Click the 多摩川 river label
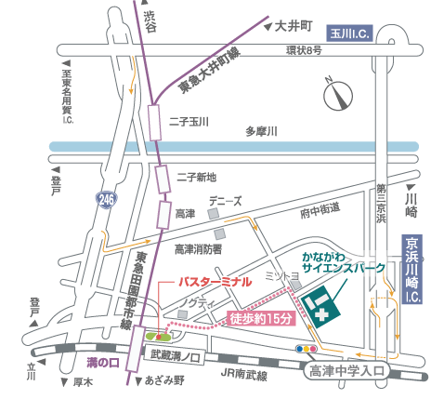pyautogui.click(x=263, y=132)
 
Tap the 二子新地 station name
pyautogui.click(x=195, y=177)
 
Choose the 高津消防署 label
pyautogui.click(x=198, y=248)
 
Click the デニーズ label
pyautogui.click(x=226, y=200)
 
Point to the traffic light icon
pyautogui.click(x=307, y=350)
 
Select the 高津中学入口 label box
pyautogui.click(x=344, y=371)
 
